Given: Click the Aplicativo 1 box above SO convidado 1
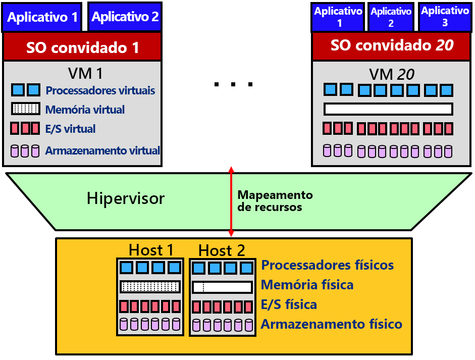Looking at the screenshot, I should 43,17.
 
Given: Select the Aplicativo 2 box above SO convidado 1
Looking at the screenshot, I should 125,17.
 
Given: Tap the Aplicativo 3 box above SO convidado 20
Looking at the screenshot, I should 445,17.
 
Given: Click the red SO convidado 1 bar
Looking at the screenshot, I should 82,48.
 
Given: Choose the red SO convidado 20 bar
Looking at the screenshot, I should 392,46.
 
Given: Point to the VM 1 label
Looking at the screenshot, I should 85,74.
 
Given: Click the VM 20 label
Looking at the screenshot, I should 392,75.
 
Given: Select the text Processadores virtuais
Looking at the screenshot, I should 100,91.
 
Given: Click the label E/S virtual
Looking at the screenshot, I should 70,129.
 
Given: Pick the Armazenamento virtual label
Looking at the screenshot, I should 102,150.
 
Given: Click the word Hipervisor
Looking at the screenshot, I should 126,198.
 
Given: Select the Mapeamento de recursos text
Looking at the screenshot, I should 275,201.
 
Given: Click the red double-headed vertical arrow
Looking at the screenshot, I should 231,202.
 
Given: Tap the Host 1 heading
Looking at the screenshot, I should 151,250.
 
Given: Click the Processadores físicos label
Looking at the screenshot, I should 327,265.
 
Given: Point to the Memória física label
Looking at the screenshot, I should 307,285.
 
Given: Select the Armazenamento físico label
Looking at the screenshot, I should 331,324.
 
